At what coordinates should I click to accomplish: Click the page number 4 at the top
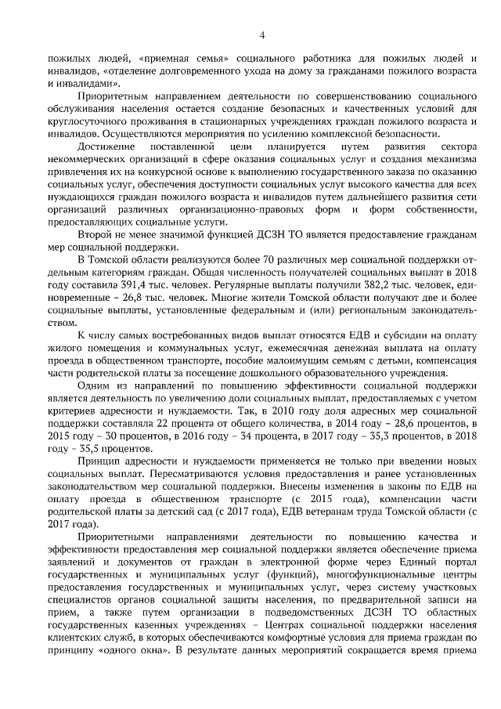pos(262,34)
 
